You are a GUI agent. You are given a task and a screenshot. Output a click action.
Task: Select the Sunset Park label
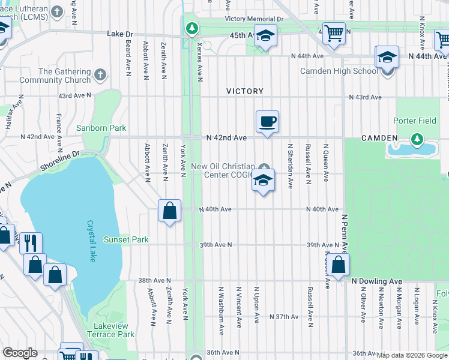point(126,239)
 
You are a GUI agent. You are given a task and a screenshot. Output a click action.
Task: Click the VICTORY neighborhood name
point(245,91)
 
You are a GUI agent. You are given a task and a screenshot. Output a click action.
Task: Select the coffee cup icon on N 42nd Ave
point(267,122)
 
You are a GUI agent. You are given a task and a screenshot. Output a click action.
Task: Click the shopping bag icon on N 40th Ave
point(170,210)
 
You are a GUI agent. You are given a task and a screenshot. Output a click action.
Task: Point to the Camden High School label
point(340,71)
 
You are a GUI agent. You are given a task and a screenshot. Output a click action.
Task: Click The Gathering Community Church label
point(55,76)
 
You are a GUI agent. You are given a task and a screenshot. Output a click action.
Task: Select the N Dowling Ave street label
point(376,281)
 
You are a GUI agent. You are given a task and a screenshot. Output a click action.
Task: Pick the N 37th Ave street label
point(284,316)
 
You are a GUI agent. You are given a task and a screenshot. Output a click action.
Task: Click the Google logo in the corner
point(20,353)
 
